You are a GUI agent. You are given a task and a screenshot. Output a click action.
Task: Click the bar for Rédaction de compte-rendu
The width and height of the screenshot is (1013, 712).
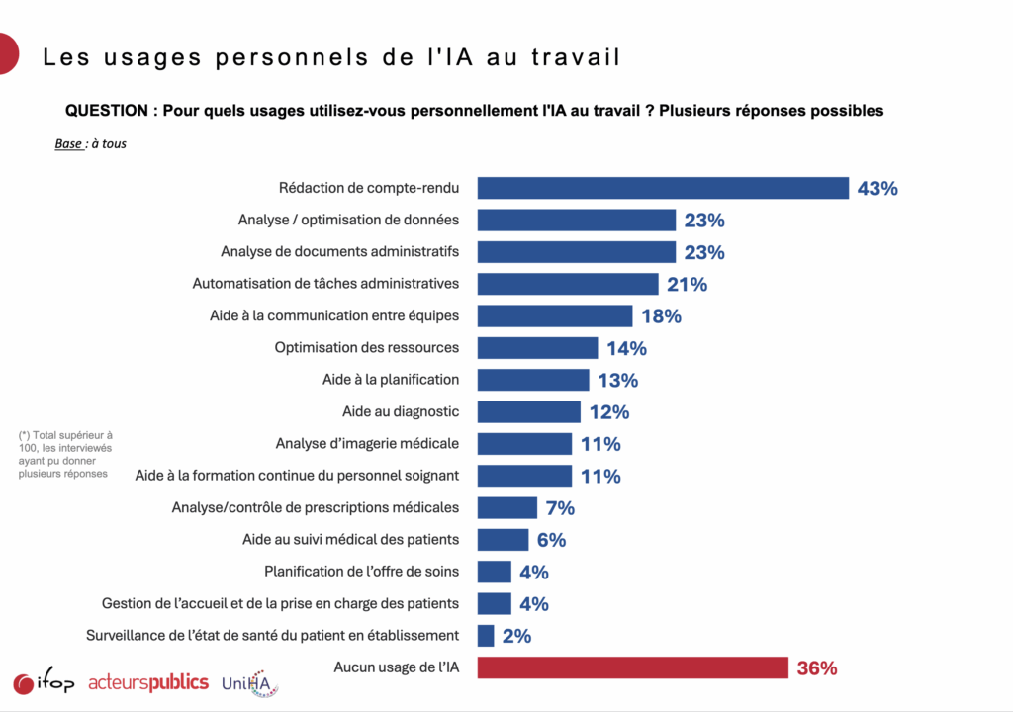pos(663,188)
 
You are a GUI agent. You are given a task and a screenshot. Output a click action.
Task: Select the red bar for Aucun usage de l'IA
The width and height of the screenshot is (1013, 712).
pos(632,668)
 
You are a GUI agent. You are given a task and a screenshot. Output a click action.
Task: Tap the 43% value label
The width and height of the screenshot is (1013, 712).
pos(877,188)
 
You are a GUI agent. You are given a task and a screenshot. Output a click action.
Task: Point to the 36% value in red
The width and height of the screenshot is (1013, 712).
pos(817,668)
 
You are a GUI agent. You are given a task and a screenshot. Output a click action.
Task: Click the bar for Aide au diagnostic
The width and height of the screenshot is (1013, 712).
pos(528,411)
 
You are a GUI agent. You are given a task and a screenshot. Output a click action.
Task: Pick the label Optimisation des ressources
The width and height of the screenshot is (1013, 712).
pos(366,347)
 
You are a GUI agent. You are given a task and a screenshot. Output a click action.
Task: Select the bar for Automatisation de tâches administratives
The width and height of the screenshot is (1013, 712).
pos(568,284)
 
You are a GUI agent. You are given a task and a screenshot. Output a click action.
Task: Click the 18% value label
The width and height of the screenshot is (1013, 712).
pos(661,316)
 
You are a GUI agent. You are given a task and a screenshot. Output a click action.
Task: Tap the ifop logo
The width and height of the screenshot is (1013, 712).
pos(44,682)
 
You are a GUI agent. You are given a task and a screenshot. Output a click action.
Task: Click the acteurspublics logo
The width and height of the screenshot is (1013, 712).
pos(148,682)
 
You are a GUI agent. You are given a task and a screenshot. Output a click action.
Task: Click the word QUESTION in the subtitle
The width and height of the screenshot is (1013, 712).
pos(106,111)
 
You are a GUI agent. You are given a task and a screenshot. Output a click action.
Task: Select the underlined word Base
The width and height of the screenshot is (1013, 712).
pos(68,144)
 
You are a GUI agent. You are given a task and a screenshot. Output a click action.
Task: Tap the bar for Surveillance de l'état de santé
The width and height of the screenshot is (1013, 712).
pos(486,636)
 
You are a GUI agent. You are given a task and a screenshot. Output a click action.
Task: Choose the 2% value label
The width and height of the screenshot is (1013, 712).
pos(516,636)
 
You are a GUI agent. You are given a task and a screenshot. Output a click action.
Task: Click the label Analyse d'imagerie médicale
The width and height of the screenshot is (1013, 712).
pos(367,443)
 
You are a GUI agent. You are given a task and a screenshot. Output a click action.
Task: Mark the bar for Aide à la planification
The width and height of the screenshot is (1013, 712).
pos(533,380)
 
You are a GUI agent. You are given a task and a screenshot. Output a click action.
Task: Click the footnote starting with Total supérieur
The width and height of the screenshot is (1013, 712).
pos(65,454)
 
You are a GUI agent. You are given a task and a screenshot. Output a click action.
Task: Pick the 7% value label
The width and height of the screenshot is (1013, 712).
pos(559,508)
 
